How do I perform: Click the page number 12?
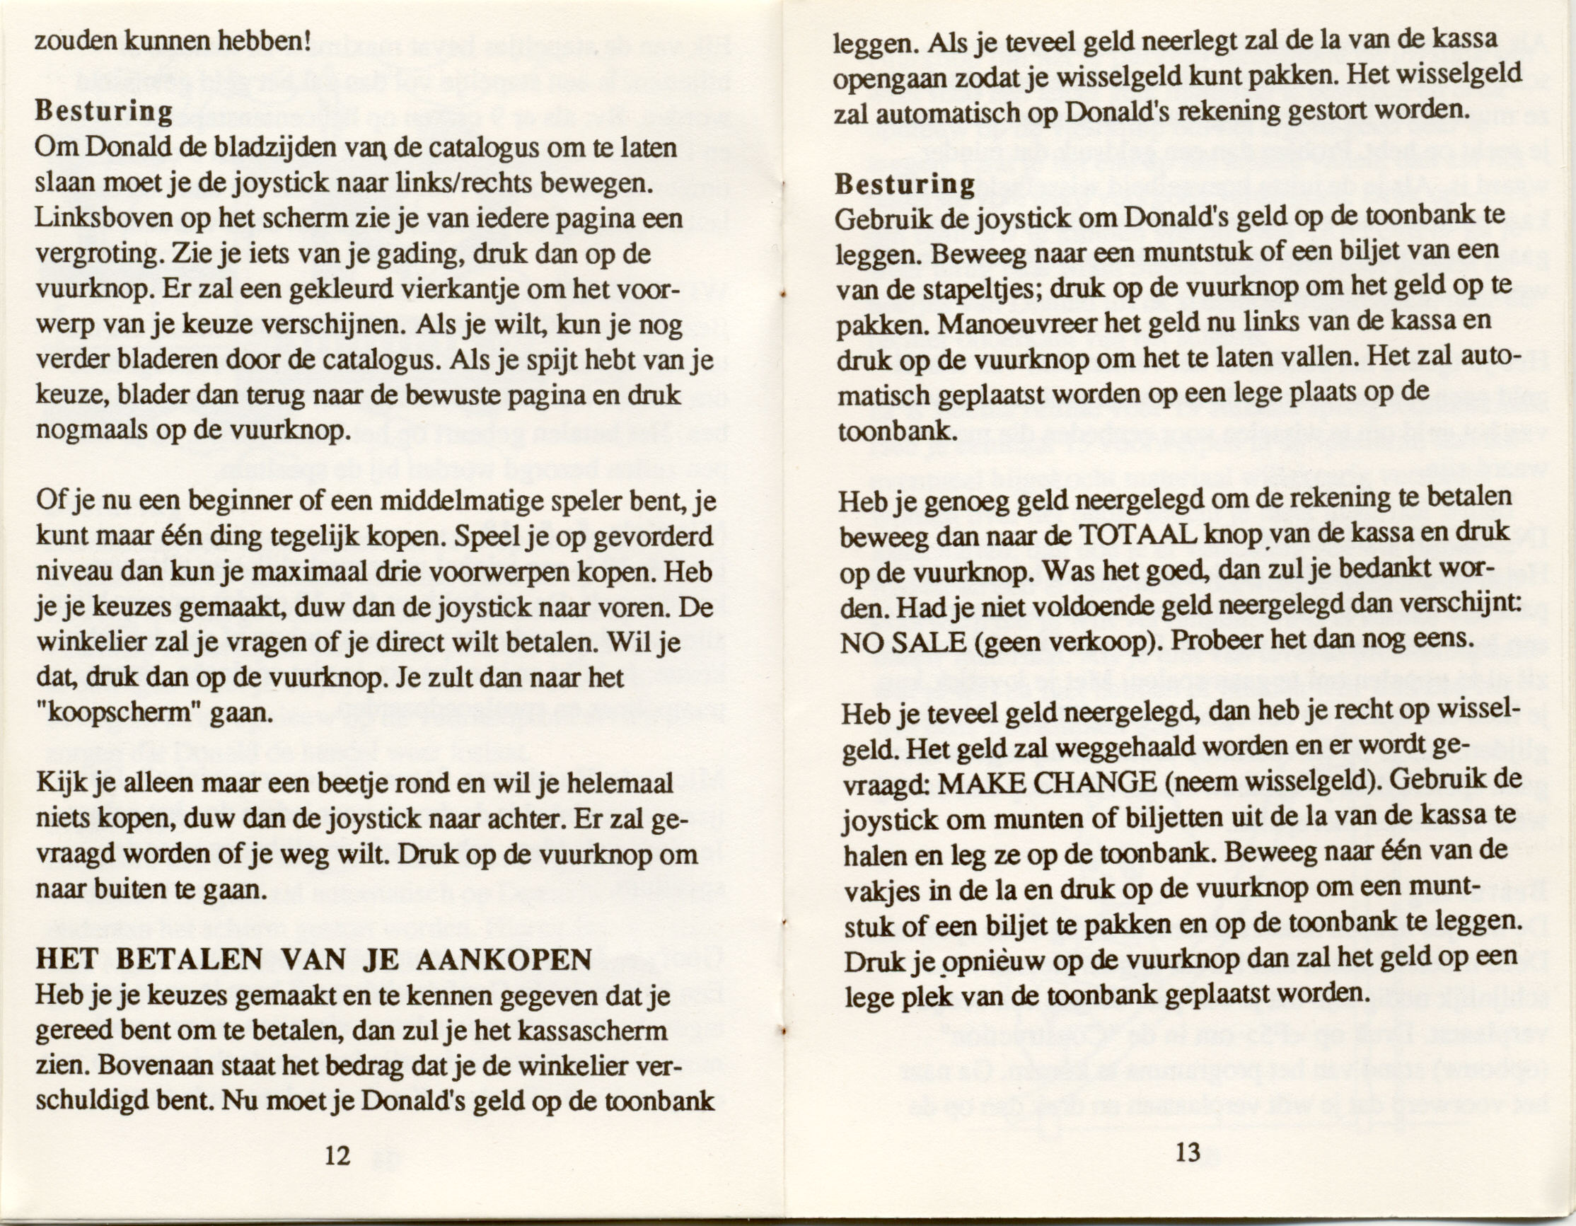point(337,1155)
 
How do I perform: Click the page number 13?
point(1187,1152)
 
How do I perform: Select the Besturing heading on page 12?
point(104,112)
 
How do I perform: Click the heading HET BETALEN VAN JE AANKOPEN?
point(313,960)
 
